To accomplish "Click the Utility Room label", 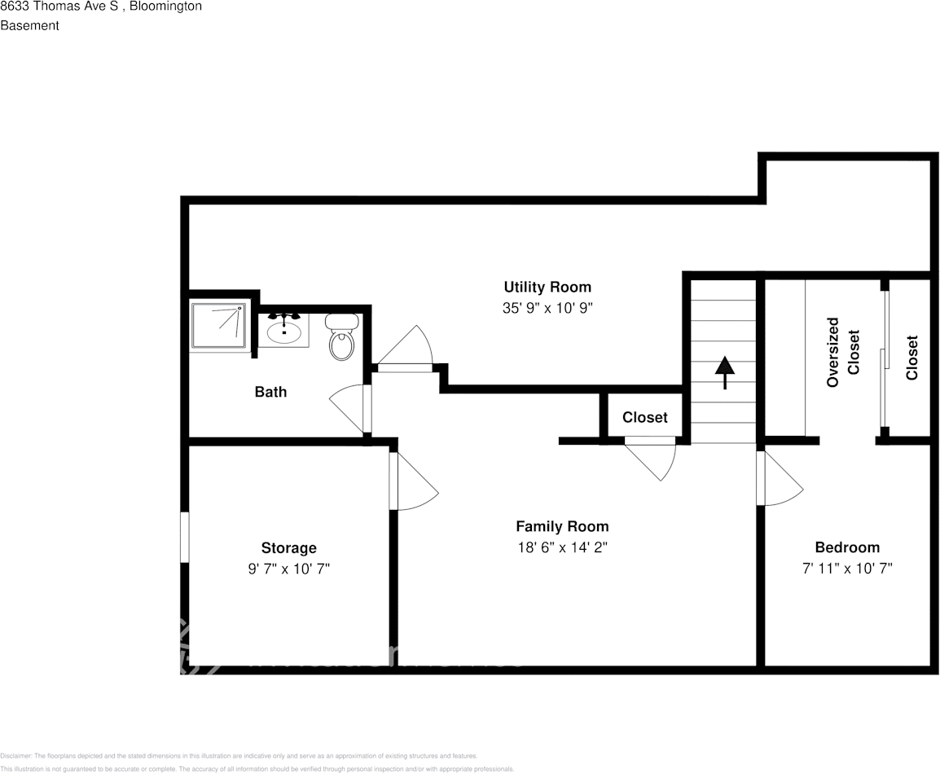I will tap(547, 287).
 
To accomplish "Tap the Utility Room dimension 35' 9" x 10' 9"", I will tap(547, 309).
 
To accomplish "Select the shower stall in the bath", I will tap(218, 326).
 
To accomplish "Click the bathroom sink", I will tap(284, 331).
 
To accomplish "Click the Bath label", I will tap(270, 392).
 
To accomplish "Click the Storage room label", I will tap(288, 548).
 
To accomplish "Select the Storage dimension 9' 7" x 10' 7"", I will tap(288, 569).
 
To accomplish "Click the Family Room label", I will tap(562, 526).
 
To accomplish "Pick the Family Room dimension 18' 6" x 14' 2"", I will tap(562, 548).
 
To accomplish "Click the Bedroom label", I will tap(847, 547).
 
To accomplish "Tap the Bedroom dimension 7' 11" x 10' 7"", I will tap(847, 569).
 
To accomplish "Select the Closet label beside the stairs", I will tap(644, 418).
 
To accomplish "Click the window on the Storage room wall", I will tap(184, 537).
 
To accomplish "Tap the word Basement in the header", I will tap(29, 25).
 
